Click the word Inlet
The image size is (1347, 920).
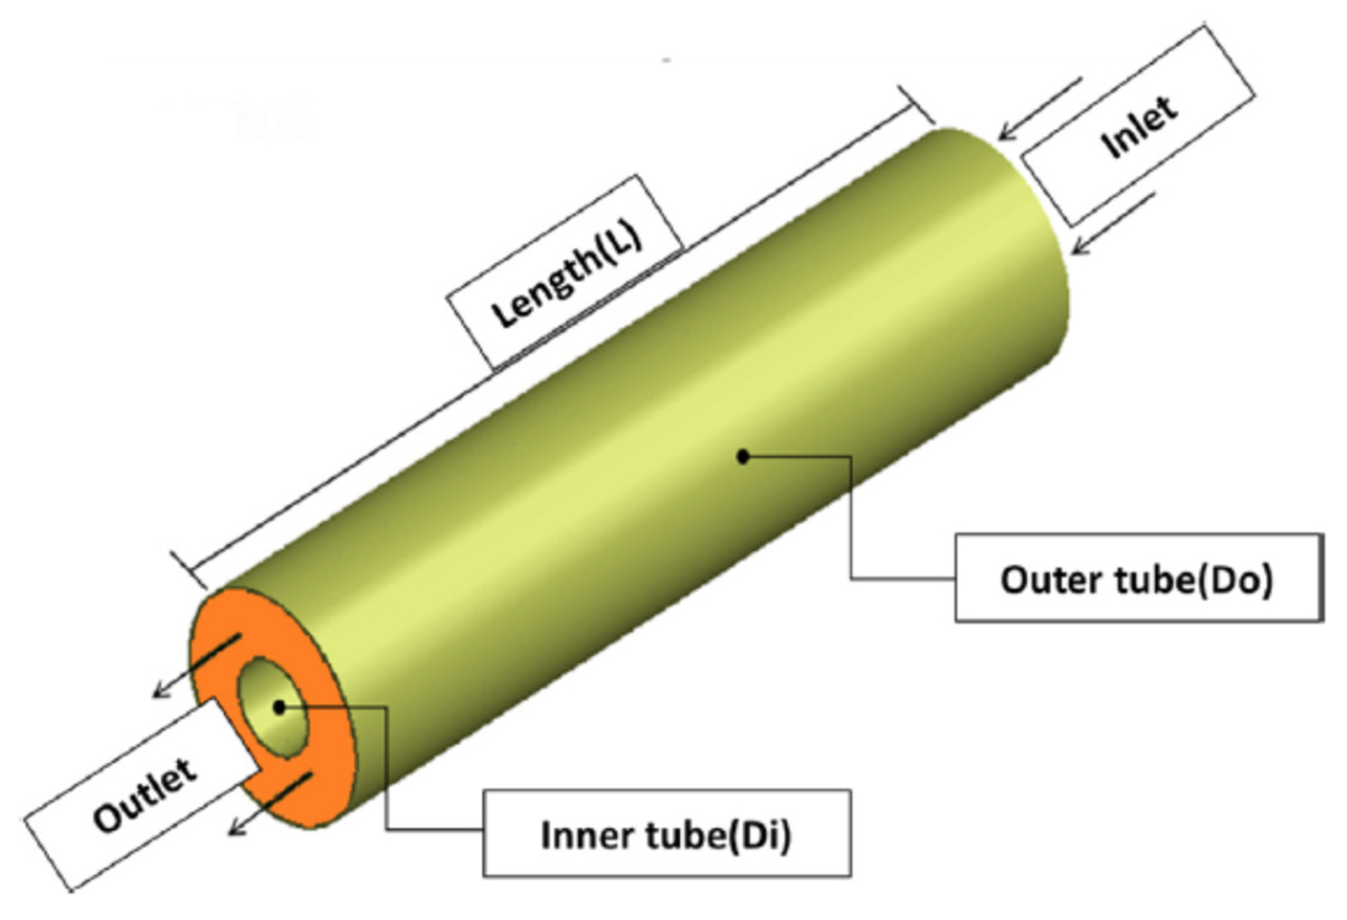click(1139, 128)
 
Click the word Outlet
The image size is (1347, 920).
click(145, 795)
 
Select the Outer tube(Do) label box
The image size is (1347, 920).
click(1138, 578)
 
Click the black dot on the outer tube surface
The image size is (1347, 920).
click(743, 457)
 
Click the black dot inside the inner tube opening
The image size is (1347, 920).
click(280, 707)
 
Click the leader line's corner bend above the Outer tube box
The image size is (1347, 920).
click(851, 457)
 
